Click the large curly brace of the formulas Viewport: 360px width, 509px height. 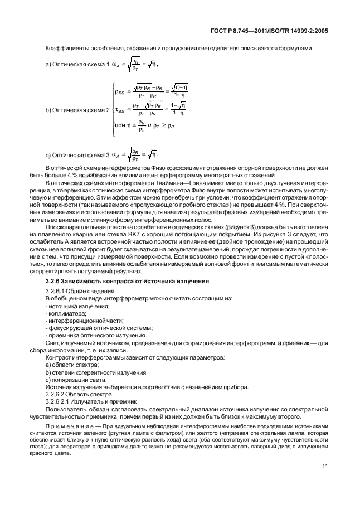114,110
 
